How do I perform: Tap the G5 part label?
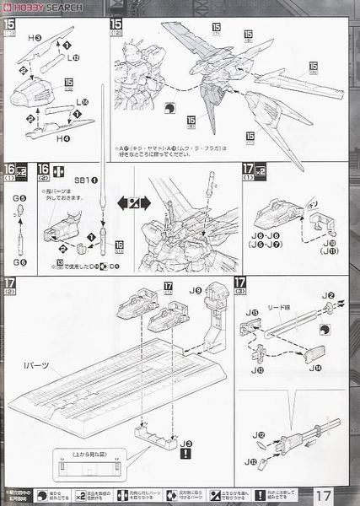pyautogui.click(x=20, y=197)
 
